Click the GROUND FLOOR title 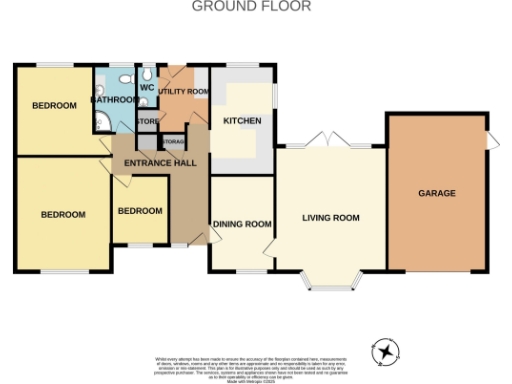[251, 6]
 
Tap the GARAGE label [436, 193]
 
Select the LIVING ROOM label [331, 218]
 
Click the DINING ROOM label [241, 224]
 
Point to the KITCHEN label [241, 121]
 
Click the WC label [146, 87]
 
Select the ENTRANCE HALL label [160, 163]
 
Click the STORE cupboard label [147, 123]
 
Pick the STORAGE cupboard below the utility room [173, 141]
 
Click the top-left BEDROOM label [54, 105]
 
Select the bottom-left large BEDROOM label [62, 214]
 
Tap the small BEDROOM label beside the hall [140, 211]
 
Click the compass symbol [385, 351]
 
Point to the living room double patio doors [331, 142]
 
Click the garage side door [490, 143]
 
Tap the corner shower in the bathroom [102, 123]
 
